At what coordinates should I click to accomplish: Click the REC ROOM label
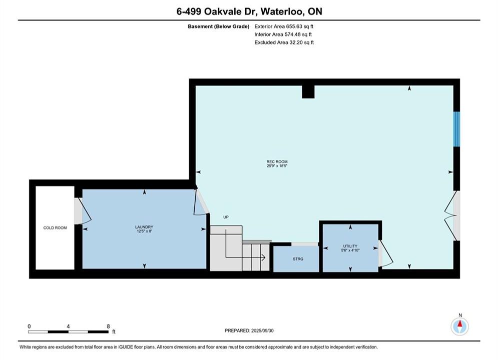[277, 162]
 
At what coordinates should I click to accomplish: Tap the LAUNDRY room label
[144, 227]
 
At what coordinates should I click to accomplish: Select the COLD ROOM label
[55, 227]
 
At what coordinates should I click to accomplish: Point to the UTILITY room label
[350, 246]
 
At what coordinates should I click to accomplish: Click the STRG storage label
[298, 259]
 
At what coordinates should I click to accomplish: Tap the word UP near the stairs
[226, 217]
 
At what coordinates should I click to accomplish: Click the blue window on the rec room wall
[456, 129]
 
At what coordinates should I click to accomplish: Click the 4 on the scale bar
[68, 326]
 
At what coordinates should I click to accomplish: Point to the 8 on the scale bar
[108, 326]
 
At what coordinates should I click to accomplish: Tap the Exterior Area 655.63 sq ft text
[284, 26]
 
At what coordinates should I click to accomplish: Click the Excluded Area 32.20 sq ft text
[284, 42]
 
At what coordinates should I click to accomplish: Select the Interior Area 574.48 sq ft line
[283, 34]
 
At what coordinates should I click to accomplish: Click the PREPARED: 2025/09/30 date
[249, 330]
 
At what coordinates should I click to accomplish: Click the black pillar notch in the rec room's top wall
[308, 91]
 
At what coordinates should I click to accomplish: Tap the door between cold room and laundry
[83, 210]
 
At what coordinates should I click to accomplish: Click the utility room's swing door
[385, 253]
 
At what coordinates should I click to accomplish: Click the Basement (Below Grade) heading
[219, 26]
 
